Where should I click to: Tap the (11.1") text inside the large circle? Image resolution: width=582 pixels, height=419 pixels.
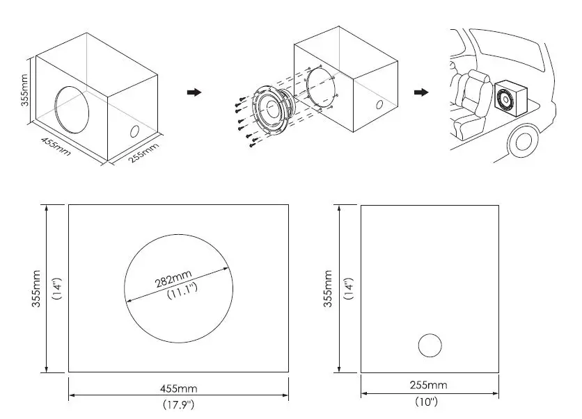coord(183,290)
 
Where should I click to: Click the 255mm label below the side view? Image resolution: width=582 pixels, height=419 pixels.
coord(429,385)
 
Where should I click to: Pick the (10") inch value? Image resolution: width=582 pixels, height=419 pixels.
coord(429,401)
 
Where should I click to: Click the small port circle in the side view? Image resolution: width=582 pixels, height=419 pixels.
coord(430,346)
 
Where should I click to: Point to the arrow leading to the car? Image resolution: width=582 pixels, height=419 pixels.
coord(420,92)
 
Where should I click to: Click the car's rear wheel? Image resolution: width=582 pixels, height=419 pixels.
coord(521,140)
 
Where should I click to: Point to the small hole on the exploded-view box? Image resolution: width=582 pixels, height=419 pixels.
coord(379,105)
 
